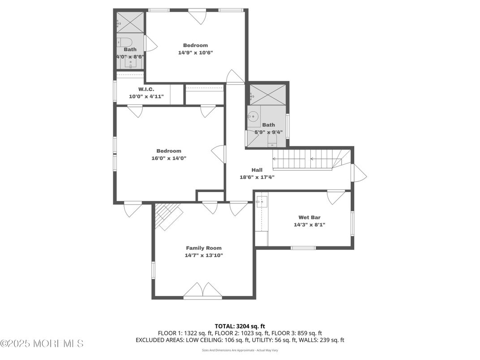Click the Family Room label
pyautogui.click(x=204, y=248)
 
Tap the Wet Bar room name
pyautogui.click(x=309, y=217)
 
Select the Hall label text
pyautogui.click(x=257, y=170)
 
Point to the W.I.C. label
pyautogui.click(x=146, y=89)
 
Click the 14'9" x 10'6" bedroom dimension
pyautogui.click(x=195, y=53)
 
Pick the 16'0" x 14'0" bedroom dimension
pyautogui.click(x=169, y=158)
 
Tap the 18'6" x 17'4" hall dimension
pyautogui.click(x=257, y=177)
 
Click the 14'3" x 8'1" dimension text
pyautogui.click(x=309, y=225)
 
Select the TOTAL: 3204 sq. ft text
pyautogui.click(x=240, y=326)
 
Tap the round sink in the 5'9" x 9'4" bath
pyautogui.click(x=253, y=116)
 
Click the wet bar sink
pyautogui.click(x=262, y=202)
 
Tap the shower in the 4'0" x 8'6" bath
pyautogui.click(x=130, y=22)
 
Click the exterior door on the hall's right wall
pyautogui.click(x=359, y=173)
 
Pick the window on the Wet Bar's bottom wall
pyautogui.click(x=303, y=248)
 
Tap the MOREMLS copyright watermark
pyautogui.click(x=42, y=343)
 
